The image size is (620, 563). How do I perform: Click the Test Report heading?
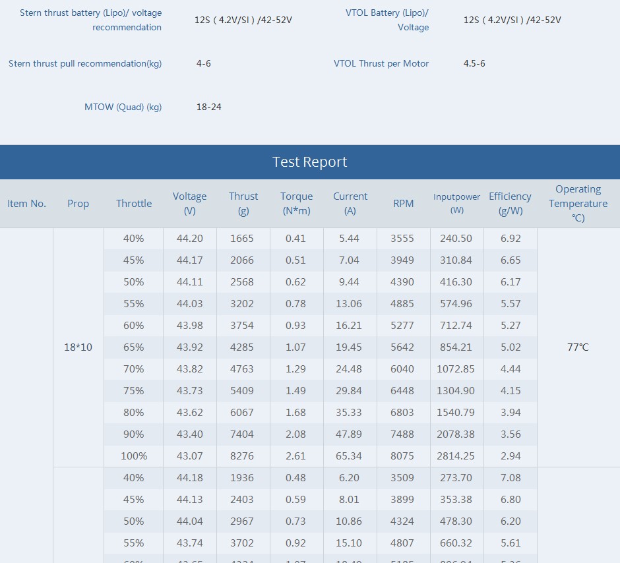309,162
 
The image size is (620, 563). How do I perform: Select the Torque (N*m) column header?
297,204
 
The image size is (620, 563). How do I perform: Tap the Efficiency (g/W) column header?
510,204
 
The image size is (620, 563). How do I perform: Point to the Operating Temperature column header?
578,204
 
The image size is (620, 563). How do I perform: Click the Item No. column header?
26,204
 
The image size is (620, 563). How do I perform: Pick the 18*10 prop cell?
78,347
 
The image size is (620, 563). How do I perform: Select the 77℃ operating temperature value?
578,347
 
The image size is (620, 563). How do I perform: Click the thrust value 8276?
242,456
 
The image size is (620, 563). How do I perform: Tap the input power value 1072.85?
456,369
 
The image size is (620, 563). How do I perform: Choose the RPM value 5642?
402,347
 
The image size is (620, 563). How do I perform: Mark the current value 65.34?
349,456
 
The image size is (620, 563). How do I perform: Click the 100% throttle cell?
134,456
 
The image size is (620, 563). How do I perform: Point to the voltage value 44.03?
190,304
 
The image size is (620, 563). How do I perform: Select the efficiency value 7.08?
511,478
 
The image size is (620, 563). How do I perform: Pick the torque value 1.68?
295,413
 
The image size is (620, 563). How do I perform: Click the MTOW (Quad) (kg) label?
123,107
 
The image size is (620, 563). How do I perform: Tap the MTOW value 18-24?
209,107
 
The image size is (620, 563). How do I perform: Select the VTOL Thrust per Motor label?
381,63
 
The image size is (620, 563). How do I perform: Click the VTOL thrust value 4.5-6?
474,63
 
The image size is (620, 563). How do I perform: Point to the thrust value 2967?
242,521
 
